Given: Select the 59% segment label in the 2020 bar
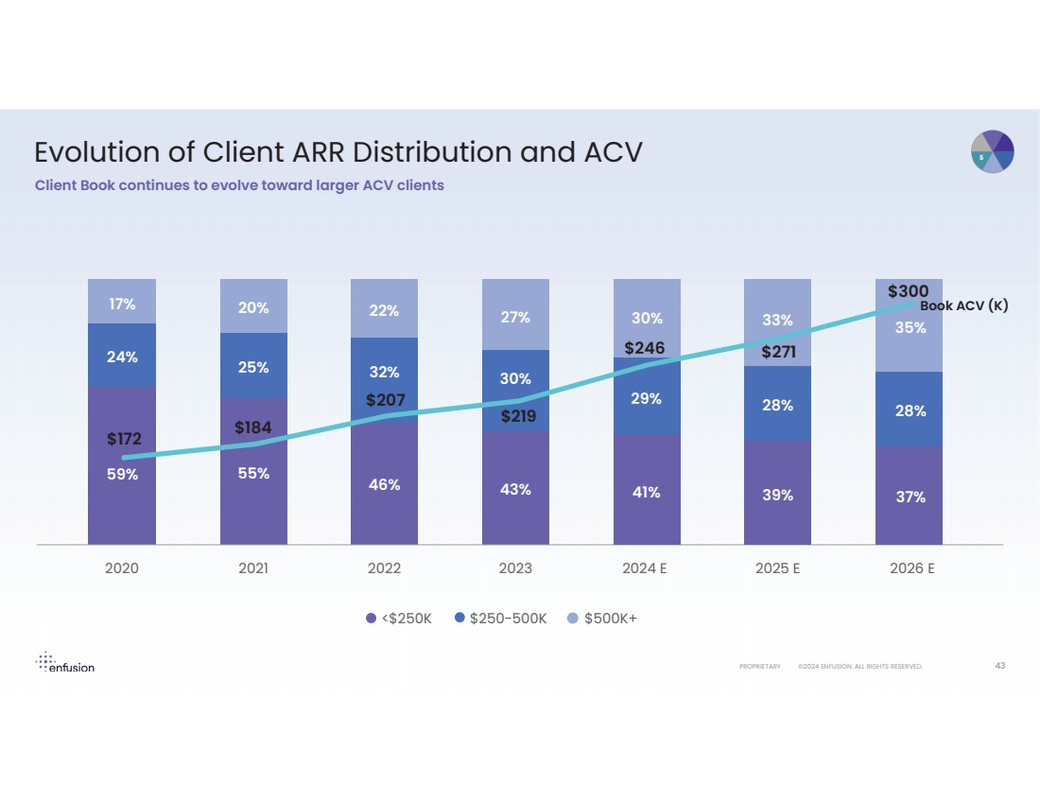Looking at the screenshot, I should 122,475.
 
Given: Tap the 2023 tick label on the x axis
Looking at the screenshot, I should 515,569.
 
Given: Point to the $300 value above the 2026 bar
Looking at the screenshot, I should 908,291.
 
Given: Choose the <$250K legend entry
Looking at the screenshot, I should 399,619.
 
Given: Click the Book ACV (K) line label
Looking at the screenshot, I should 964,306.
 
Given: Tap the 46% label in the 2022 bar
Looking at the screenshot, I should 385,485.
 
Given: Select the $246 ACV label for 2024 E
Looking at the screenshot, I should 645,348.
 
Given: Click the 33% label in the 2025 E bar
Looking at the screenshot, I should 777,322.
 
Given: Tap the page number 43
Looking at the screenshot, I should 1000,666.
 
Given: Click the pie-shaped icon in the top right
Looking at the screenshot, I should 993,151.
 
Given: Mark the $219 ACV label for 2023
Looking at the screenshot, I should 518,416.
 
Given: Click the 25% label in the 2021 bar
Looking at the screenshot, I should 253,367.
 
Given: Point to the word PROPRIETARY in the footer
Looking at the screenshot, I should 760,667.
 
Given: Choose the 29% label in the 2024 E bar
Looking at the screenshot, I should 646,399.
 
